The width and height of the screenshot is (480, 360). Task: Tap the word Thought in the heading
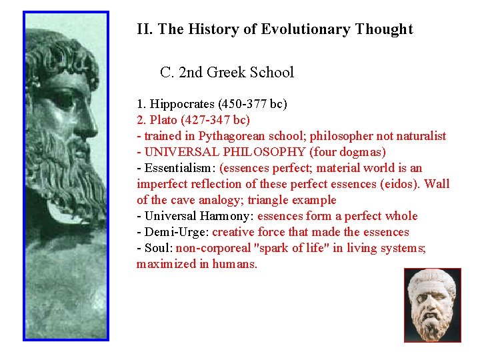click(x=384, y=29)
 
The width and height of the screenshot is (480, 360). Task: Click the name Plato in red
click(x=163, y=120)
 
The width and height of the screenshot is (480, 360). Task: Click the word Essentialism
click(x=178, y=168)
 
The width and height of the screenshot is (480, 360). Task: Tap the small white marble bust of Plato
click(x=432, y=305)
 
